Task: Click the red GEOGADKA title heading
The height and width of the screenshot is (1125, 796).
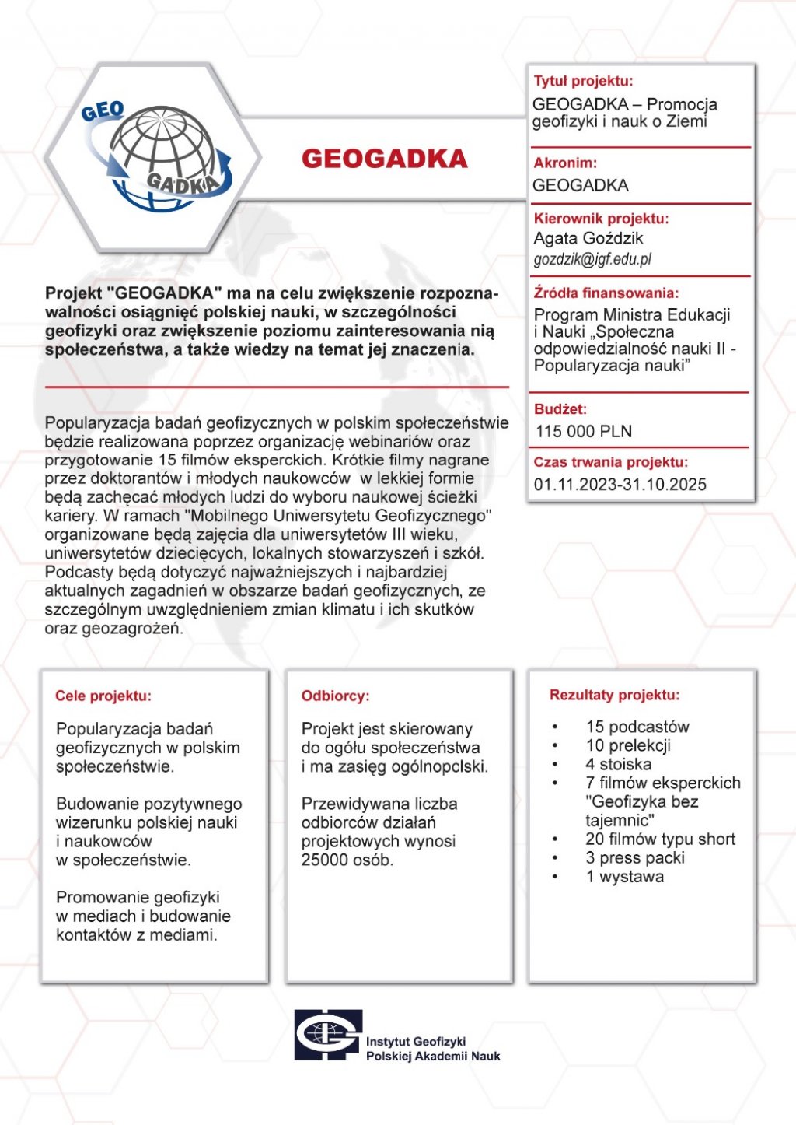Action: click(385, 159)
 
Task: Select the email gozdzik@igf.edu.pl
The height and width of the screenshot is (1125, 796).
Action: click(592, 260)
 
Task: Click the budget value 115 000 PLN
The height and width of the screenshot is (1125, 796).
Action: click(584, 432)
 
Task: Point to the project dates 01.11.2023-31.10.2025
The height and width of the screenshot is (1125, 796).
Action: click(620, 485)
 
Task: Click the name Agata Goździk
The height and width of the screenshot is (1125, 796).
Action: click(588, 238)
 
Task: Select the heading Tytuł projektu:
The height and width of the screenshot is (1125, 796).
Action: click(583, 81)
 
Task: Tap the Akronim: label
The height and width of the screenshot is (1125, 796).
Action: click(565, 163)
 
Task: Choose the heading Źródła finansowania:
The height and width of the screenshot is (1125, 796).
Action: click(606, 293)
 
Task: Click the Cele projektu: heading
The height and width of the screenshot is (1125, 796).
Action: click(103, 696)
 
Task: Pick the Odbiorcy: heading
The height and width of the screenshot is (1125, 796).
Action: click(336, 696)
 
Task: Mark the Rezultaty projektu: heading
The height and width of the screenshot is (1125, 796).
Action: click(615, 695)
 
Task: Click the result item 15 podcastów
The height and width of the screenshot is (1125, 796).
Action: click(637, 727)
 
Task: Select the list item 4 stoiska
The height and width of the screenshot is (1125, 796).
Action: click(619, 764)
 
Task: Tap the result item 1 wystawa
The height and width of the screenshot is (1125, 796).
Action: click(625, 877)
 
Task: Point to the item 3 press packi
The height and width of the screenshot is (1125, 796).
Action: click(635, 858)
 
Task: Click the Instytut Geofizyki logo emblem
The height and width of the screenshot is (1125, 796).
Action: click(328, 1035)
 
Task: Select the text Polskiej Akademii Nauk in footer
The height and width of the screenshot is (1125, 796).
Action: click(433, 1057)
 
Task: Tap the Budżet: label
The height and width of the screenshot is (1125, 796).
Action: click(560, 409)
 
